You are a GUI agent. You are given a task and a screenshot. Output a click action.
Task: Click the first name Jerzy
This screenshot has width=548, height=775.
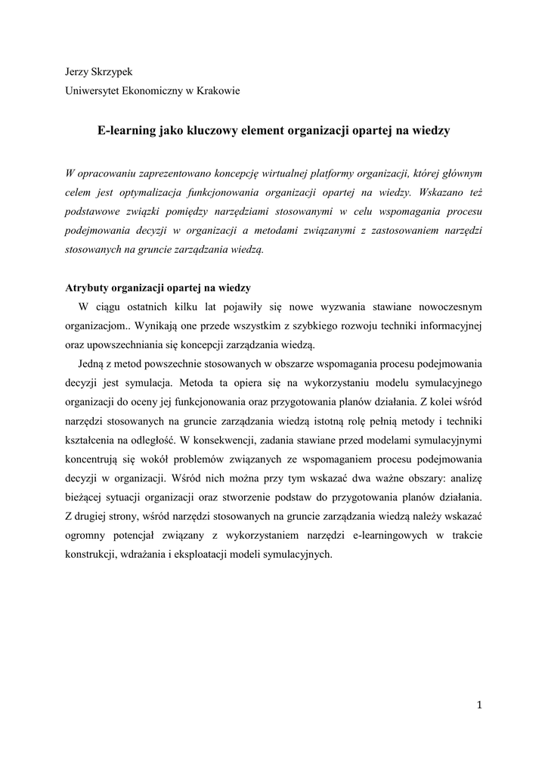[78, 72]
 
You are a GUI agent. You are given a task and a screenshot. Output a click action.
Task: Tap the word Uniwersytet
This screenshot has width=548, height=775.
[93, 92]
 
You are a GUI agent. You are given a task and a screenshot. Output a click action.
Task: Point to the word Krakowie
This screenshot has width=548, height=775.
[218, 92]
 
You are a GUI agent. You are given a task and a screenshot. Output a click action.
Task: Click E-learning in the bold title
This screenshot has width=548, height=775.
[127, 131]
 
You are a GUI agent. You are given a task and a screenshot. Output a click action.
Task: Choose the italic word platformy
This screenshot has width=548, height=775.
[366, 172]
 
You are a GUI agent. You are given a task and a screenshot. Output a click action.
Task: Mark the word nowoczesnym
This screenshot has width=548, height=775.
[445, 307]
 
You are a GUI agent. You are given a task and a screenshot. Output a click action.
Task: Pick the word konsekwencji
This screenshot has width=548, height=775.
[231, 440]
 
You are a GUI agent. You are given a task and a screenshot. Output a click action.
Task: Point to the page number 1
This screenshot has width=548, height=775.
[479, 705]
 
